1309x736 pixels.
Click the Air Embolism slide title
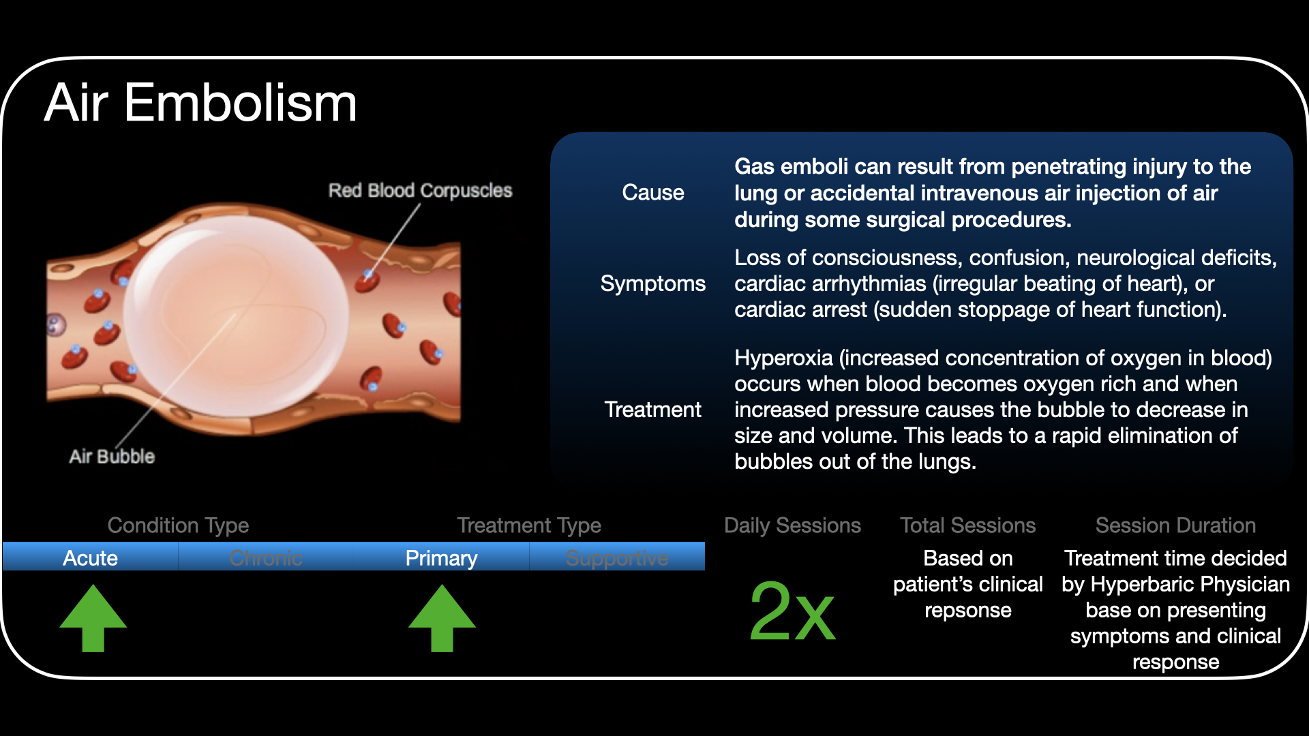[x=200, y=103]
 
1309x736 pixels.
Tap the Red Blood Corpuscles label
[x=420, y=190]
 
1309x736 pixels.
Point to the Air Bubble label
[x=112, y=456]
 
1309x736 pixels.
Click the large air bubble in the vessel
[x=235, y=313]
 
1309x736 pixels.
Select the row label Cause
[x=652, y=193]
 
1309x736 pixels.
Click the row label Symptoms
[x=652, y=283]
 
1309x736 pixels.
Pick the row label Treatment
[x=652, y=410]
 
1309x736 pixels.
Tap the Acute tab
[x=90, y=558]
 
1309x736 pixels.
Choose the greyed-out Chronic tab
[x=266, y=558]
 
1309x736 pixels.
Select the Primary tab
[x=441, y=558]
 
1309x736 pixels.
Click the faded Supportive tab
[x=617, y=558]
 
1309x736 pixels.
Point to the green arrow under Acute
[x=93, y=617]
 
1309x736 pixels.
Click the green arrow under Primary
[x=442, y=617]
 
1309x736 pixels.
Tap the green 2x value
[x=792, y=611]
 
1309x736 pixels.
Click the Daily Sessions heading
[x=792, y=525]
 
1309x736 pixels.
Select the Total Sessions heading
[x=967, y=525]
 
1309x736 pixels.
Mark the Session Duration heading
[x=1175, y=525]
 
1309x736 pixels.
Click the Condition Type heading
[x=178, y=525]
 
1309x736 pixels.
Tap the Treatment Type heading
[x=529, y=525]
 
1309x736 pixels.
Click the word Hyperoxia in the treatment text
[x=783, y=358]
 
